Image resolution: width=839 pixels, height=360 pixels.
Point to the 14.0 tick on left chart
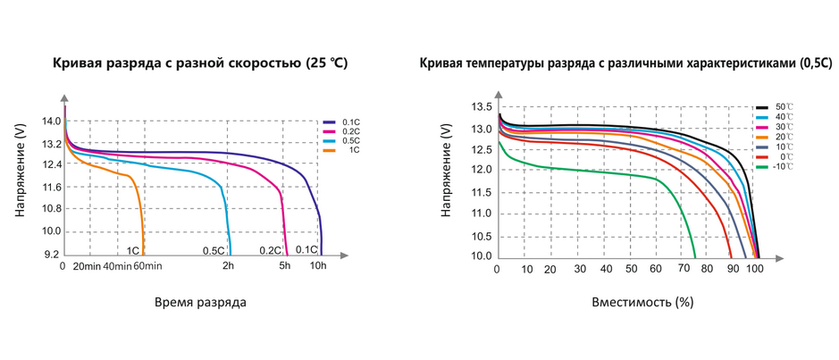point(51,121)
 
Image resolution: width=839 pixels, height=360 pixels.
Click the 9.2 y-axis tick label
point(51,254)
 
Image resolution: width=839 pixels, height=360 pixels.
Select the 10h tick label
point(319,266)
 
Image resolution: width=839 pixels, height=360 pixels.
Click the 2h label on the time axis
point(229,266)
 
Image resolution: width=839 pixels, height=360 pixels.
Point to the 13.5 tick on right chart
point(482,106)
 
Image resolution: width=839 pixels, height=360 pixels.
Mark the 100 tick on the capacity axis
point(756,269)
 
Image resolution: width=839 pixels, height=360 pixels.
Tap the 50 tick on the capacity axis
point(632,269)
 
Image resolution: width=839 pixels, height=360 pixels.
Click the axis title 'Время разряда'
point(200,302)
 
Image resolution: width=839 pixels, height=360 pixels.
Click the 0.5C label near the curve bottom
point(214,251)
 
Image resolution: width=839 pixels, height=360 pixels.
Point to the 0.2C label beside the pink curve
point(271,251)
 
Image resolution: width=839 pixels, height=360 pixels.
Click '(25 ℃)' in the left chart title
point(326,63)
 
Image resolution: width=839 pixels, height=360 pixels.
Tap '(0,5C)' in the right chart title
point(813,63)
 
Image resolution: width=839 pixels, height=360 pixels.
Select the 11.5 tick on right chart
point(482,191)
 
